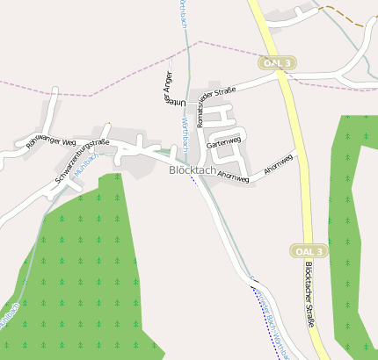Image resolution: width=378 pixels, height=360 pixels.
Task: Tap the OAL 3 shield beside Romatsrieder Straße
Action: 278,62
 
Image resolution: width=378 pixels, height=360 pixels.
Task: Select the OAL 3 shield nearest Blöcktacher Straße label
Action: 309,251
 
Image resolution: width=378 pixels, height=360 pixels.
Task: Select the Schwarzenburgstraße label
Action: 81,161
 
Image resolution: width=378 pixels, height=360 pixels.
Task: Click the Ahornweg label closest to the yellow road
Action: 279,162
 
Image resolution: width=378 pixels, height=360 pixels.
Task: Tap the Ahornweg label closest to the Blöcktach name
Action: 233,177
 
